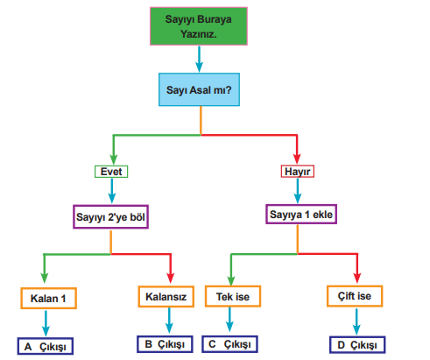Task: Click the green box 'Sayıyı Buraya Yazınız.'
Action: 199,26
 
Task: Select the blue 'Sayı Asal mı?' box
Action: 199,89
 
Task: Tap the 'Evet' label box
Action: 111,172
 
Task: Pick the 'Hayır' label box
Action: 298,172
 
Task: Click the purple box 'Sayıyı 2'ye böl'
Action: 110,216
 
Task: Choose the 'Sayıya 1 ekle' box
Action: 301,215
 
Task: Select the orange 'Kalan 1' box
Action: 48,298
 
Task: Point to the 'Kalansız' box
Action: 166,296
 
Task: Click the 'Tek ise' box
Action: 233,296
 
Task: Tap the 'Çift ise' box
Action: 355,296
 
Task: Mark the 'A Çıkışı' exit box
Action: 46,346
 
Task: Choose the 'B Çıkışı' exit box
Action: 165,344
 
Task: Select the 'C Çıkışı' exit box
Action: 229,344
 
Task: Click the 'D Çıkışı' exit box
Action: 357,345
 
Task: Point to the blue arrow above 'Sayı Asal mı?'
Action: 200,60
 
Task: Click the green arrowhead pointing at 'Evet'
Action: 114,159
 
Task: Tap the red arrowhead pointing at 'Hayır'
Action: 297,159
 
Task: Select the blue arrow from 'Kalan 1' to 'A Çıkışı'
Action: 46,323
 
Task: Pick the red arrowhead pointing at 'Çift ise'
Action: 357,278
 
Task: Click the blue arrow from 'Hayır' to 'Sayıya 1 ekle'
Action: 298,191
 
